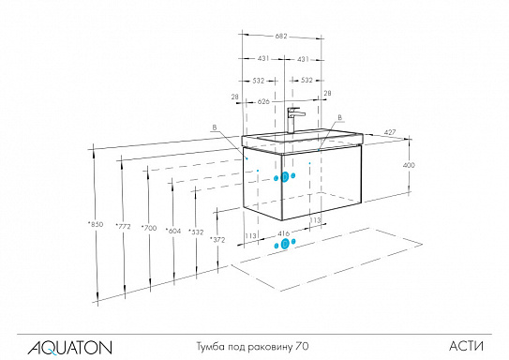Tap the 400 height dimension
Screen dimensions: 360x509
[x=408, y=165]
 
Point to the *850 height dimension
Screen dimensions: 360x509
[x=95, y=225]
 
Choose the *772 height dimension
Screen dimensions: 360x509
[x=122, y=226]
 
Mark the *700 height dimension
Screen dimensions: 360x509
[x=148, y=228]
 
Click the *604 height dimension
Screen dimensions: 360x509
[x=172, y=230]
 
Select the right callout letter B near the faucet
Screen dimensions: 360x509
[x=338, y=117]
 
